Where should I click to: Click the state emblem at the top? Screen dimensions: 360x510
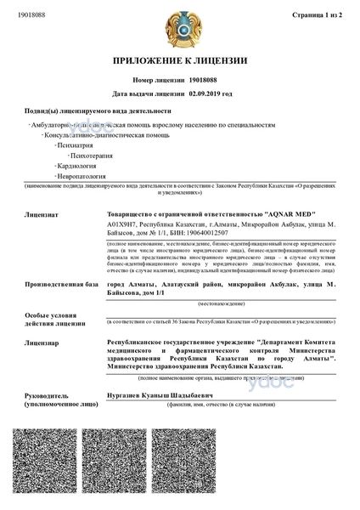180,27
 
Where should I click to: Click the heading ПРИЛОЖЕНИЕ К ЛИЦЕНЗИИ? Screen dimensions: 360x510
179,61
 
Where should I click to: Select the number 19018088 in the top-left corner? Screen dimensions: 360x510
31,14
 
